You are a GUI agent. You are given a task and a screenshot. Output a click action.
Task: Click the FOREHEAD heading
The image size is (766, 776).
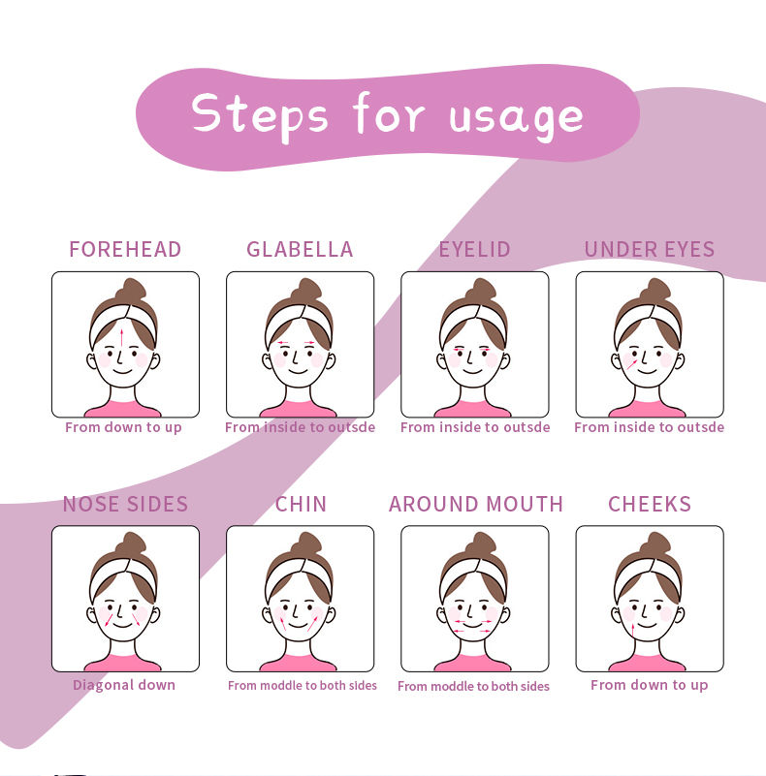point(125,249)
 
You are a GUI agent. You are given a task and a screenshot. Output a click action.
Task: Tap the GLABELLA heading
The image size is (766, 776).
point(300,249)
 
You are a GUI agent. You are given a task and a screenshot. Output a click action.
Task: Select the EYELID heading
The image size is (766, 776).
point(474,249)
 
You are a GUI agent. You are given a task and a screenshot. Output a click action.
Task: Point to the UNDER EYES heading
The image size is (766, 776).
point(649,249)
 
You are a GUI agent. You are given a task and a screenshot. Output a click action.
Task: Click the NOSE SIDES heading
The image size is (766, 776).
point(125,504)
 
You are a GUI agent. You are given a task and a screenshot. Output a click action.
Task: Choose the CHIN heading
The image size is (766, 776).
point(301,504)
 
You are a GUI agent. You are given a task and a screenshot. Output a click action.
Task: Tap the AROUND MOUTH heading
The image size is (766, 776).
point(475,504)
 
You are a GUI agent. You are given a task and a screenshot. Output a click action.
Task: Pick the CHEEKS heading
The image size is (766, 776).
point(649,504)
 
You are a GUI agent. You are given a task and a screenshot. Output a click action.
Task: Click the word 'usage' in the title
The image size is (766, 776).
point(516,115)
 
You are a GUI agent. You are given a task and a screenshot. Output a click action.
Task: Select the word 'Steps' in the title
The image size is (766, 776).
point(260,113)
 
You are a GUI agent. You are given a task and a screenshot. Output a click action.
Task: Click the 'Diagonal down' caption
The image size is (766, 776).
point(124,685)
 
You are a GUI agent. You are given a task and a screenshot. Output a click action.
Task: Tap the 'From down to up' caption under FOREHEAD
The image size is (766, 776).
point(123,427)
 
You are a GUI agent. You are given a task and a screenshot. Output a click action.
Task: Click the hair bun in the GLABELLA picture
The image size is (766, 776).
point(304,292)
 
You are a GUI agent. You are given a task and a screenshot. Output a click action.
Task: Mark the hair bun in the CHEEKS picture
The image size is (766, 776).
point(654,545)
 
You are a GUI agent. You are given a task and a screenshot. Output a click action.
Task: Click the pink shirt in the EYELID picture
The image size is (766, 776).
point(474,408)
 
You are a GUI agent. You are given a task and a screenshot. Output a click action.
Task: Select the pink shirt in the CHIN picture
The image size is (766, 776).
point(300,663)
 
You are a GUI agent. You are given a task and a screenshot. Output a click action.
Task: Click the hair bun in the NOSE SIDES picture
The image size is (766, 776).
point(130,545)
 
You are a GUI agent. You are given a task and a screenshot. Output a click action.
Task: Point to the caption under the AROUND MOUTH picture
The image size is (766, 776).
point(473,686)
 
